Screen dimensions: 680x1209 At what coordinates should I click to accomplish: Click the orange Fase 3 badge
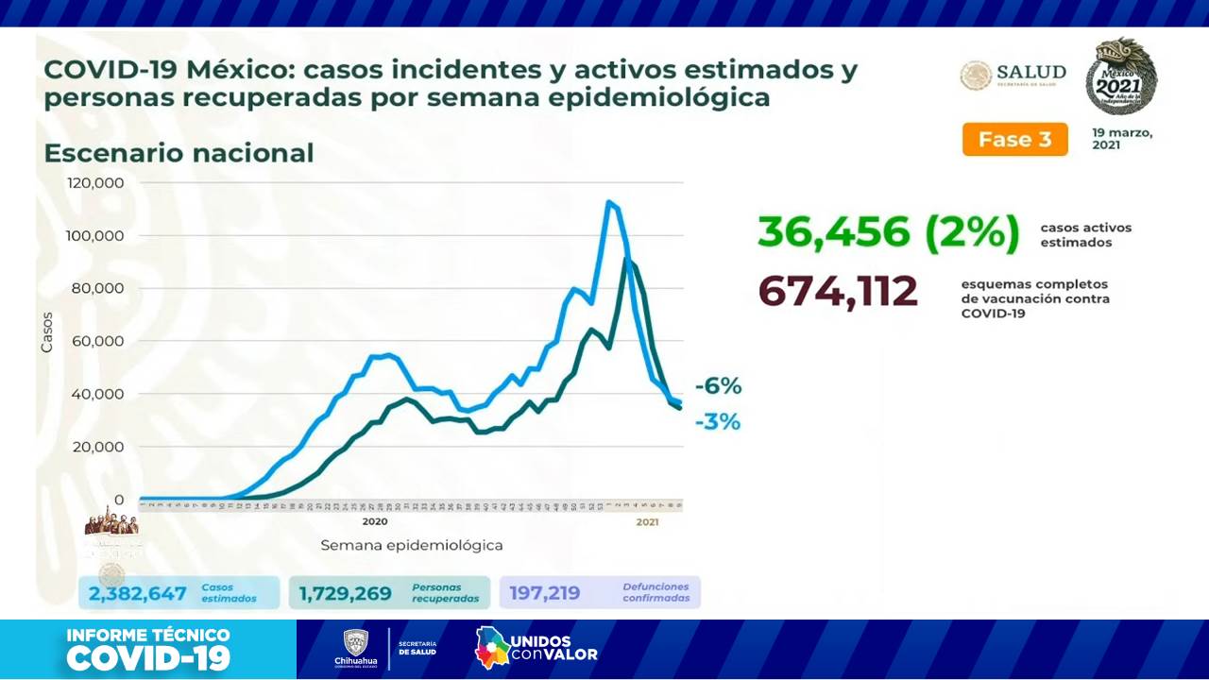pos(1014,139)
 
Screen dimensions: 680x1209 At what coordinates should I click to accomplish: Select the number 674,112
pos(838,291)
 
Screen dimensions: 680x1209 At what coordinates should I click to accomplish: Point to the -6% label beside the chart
pos(718,385)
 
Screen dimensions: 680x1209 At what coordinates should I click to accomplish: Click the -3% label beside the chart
pos(717,421)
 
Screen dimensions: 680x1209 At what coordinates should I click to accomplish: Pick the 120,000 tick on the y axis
pos(94,182)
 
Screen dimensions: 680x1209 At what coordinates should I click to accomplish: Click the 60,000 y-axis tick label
pos(97,341)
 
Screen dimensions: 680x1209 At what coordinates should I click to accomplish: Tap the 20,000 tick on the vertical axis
pos(97,447)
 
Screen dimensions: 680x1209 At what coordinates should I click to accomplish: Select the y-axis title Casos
pos(46,332)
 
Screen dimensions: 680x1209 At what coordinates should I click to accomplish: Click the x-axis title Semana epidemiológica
pos(411,545)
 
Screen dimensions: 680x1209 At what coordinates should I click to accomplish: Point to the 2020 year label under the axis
pos(375,521)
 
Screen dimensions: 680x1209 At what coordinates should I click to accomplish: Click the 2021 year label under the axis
pos(647,521)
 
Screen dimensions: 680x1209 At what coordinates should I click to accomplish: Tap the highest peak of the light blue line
pos(609,202)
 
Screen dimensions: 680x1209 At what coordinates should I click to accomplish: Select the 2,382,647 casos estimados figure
pos(137,593)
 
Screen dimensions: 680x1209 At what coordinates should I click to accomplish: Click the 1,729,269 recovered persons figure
pos(345,593)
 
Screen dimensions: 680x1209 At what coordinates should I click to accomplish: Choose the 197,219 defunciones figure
pos(545,593)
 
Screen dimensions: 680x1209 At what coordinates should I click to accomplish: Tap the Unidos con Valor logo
pos(536,648)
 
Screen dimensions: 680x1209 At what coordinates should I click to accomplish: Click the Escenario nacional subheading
pos(179,153)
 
